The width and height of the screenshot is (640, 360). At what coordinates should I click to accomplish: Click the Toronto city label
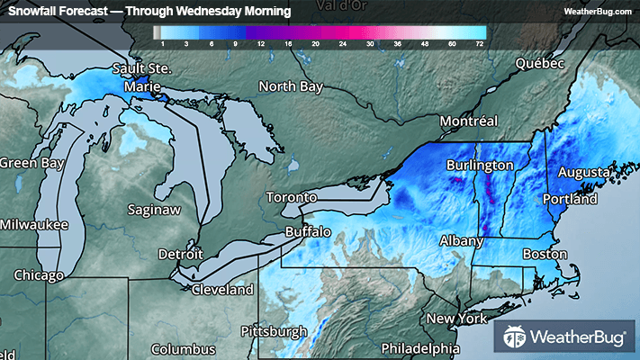tap(292, 197)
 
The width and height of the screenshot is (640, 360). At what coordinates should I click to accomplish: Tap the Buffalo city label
tap(308, 231)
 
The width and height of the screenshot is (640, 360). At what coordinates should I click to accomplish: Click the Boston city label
tap(545, 255)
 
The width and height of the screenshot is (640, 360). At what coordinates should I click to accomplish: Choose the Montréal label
tap(468, 121)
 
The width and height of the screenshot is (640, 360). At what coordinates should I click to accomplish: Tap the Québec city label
tap(538, 64)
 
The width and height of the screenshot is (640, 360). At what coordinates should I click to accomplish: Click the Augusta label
tap(583, 171)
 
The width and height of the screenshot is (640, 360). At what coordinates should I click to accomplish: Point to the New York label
tap(456, 319)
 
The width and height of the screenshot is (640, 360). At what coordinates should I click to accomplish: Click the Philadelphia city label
tap(419, 347)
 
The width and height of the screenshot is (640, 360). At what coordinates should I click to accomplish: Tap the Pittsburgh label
tap(275, 331)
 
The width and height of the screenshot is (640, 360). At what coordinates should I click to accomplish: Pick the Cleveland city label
tap(221, 290)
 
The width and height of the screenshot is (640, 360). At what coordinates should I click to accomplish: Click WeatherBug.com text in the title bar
tap(599, 12)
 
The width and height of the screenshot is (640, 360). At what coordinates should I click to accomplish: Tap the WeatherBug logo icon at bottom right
tap(514, 338)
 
